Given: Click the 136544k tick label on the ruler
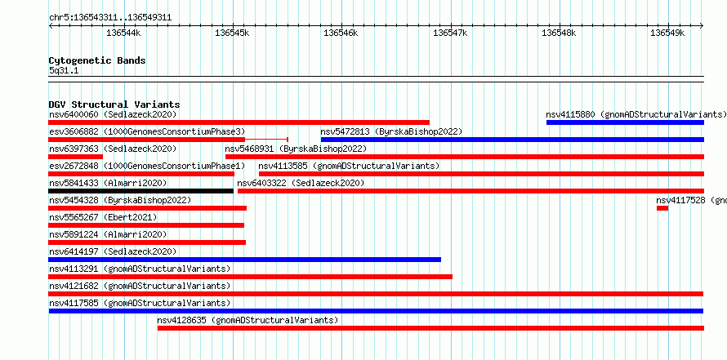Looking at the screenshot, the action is (x=124, y=33).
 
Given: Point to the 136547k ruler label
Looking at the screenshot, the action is (x=450, y=33).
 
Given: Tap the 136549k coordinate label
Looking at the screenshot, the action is (x=667, y=33).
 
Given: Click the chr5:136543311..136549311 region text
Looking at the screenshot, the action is (x=110, y=18).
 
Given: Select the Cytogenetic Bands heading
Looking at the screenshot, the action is (x=97, y=60).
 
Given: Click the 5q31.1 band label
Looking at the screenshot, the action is (x=64, y=71).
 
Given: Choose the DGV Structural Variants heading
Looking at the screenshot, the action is (x=114, y=104).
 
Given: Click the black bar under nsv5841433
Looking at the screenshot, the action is (x=141, y=191).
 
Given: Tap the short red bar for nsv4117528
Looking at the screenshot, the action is (x=662, y=208).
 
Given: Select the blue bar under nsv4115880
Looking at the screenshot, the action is (x=625, y=122).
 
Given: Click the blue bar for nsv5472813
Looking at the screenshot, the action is (x=512, y=140).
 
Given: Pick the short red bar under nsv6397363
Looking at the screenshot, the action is (x=76, y=157).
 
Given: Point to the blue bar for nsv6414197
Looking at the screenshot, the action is (x=245, y=260).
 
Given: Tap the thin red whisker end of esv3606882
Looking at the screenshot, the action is (x=288, y=140).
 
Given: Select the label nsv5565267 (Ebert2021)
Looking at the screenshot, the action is (x=103, y=217).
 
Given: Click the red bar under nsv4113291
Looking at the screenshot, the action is (x=251, y=277).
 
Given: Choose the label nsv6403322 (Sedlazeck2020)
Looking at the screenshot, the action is (x=301, y=183).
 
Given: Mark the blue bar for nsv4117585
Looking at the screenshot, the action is (x=376, y=311).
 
